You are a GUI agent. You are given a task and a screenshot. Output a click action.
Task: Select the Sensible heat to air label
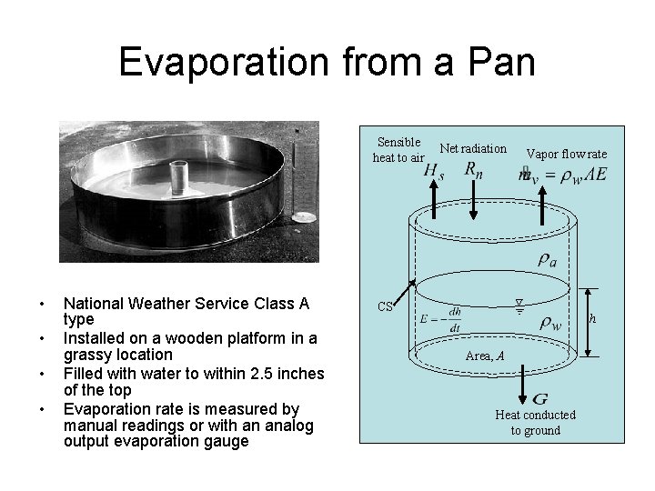pos(398,149)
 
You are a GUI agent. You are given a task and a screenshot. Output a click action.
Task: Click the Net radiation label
pos(473,148)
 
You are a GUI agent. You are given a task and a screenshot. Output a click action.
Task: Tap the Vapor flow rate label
pos(567,154)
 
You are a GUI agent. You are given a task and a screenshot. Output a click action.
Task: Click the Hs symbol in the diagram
pos(435,170)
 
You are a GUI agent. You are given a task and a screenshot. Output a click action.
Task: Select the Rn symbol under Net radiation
pos(474,169)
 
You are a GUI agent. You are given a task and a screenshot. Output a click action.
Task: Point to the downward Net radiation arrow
pos(474,200)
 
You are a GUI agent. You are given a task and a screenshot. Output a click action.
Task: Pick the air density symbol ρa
pos(548,260)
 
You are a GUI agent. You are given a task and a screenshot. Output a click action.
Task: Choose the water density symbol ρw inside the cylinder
pos(550,321)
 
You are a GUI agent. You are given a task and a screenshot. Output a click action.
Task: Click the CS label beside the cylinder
pos(386,306)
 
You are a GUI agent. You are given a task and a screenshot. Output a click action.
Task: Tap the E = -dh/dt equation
pos(440,318)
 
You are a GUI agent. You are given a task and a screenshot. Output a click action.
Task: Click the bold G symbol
pos(539,398)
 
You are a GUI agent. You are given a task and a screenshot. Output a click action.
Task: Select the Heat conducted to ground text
pos(535,422)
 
